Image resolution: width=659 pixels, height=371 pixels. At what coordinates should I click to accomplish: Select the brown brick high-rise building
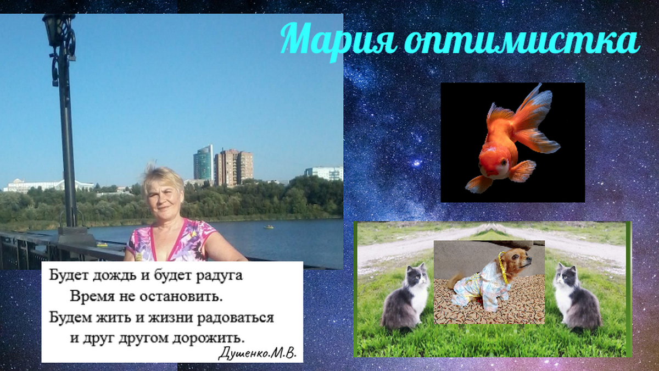click(233, 167)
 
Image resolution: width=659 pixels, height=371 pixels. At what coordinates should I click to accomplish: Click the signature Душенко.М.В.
click(257, 353)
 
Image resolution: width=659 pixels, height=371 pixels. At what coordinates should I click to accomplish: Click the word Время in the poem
click(91, 297)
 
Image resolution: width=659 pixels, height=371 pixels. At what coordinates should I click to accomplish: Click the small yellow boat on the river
click(269, 226)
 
